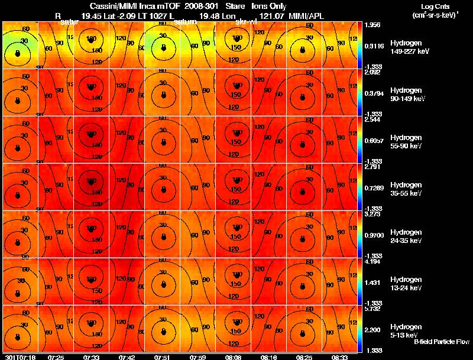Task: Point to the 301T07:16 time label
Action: coord(20,357)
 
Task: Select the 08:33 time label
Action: coord(340,357)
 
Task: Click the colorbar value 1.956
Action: coord(372,25)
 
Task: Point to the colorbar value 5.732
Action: coord(372,308)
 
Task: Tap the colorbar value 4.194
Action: coord(372,261)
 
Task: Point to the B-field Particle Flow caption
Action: coord(441,342)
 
